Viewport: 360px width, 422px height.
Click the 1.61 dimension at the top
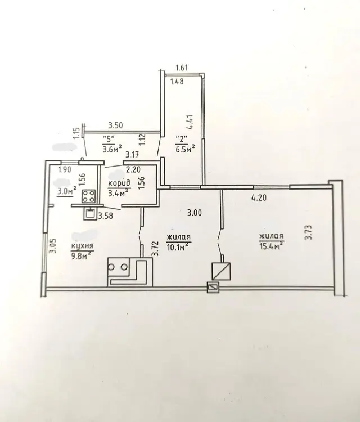182,68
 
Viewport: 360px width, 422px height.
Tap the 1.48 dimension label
177,81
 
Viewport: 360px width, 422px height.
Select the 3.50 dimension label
115,125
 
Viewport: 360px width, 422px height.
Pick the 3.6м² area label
112,149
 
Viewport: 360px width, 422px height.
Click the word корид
119,183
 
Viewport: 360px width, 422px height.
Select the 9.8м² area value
81,254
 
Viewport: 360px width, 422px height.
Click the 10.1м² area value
179,246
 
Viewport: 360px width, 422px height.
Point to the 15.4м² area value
272,245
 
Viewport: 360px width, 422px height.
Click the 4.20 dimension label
259,198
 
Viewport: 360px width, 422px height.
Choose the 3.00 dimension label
195,213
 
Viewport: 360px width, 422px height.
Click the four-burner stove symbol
88,196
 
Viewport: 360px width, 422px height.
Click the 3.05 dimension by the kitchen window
52,246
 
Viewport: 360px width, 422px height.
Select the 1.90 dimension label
65,169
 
